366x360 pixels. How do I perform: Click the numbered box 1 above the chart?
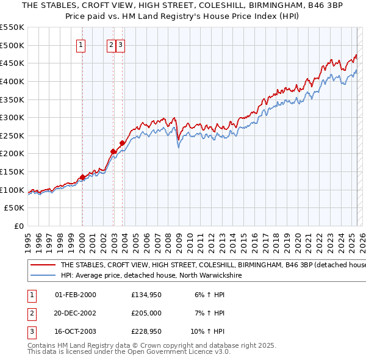pos(81,44)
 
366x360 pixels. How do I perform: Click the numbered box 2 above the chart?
pos(111,44)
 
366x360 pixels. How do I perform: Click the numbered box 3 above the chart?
pos(120,44)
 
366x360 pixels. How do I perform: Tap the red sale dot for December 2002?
pos(113,151)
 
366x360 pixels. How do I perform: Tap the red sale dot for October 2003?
pos(122,143)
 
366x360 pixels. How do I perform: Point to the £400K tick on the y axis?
pos(16,81)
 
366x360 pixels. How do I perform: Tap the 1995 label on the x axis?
pos(27,237)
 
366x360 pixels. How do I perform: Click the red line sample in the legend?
pos(42,265)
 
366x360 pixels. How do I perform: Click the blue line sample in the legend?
pos(42,276)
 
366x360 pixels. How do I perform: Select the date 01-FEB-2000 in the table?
pos(75,295)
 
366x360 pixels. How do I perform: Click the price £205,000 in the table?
pos(146,313)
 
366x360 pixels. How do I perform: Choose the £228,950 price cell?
pos(146,331)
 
